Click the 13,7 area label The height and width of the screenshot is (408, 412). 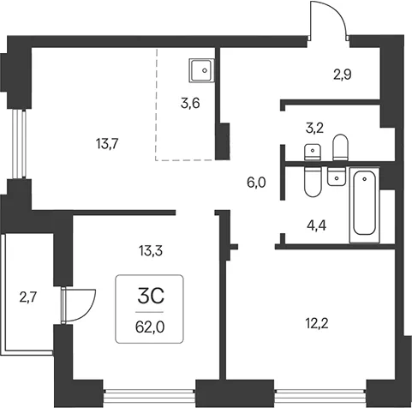click(x=107, y=145)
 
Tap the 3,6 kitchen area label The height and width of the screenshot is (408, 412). click(x=190, y=103)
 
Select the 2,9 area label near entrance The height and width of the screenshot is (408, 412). click(x=343, y=75)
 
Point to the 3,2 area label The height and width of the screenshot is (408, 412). click(x=314, y=129)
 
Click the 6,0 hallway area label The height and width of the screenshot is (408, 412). click(x=256, y=183)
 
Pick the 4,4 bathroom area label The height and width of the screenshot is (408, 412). click(x=317, y=226)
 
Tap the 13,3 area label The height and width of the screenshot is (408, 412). click(x=151, y=251)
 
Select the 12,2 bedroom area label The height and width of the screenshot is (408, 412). click(x=317, y=324)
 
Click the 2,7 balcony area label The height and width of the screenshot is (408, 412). click(x=28, y=298)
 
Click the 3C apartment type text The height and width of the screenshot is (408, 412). click(x=151, y=297)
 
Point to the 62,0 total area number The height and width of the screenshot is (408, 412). click(x=150, y=327)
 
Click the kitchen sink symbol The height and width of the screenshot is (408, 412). click(x=201, y=70)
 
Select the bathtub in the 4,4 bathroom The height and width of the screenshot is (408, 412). click(x=365, y=205)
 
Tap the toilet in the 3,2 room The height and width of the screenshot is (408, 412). click(x=341, y=147)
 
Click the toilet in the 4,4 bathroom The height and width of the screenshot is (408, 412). click(x=313, y=182)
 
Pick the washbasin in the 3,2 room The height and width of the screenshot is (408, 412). click(x=313, y=152)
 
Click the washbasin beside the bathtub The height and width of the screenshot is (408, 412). click(x=337, y=177)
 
